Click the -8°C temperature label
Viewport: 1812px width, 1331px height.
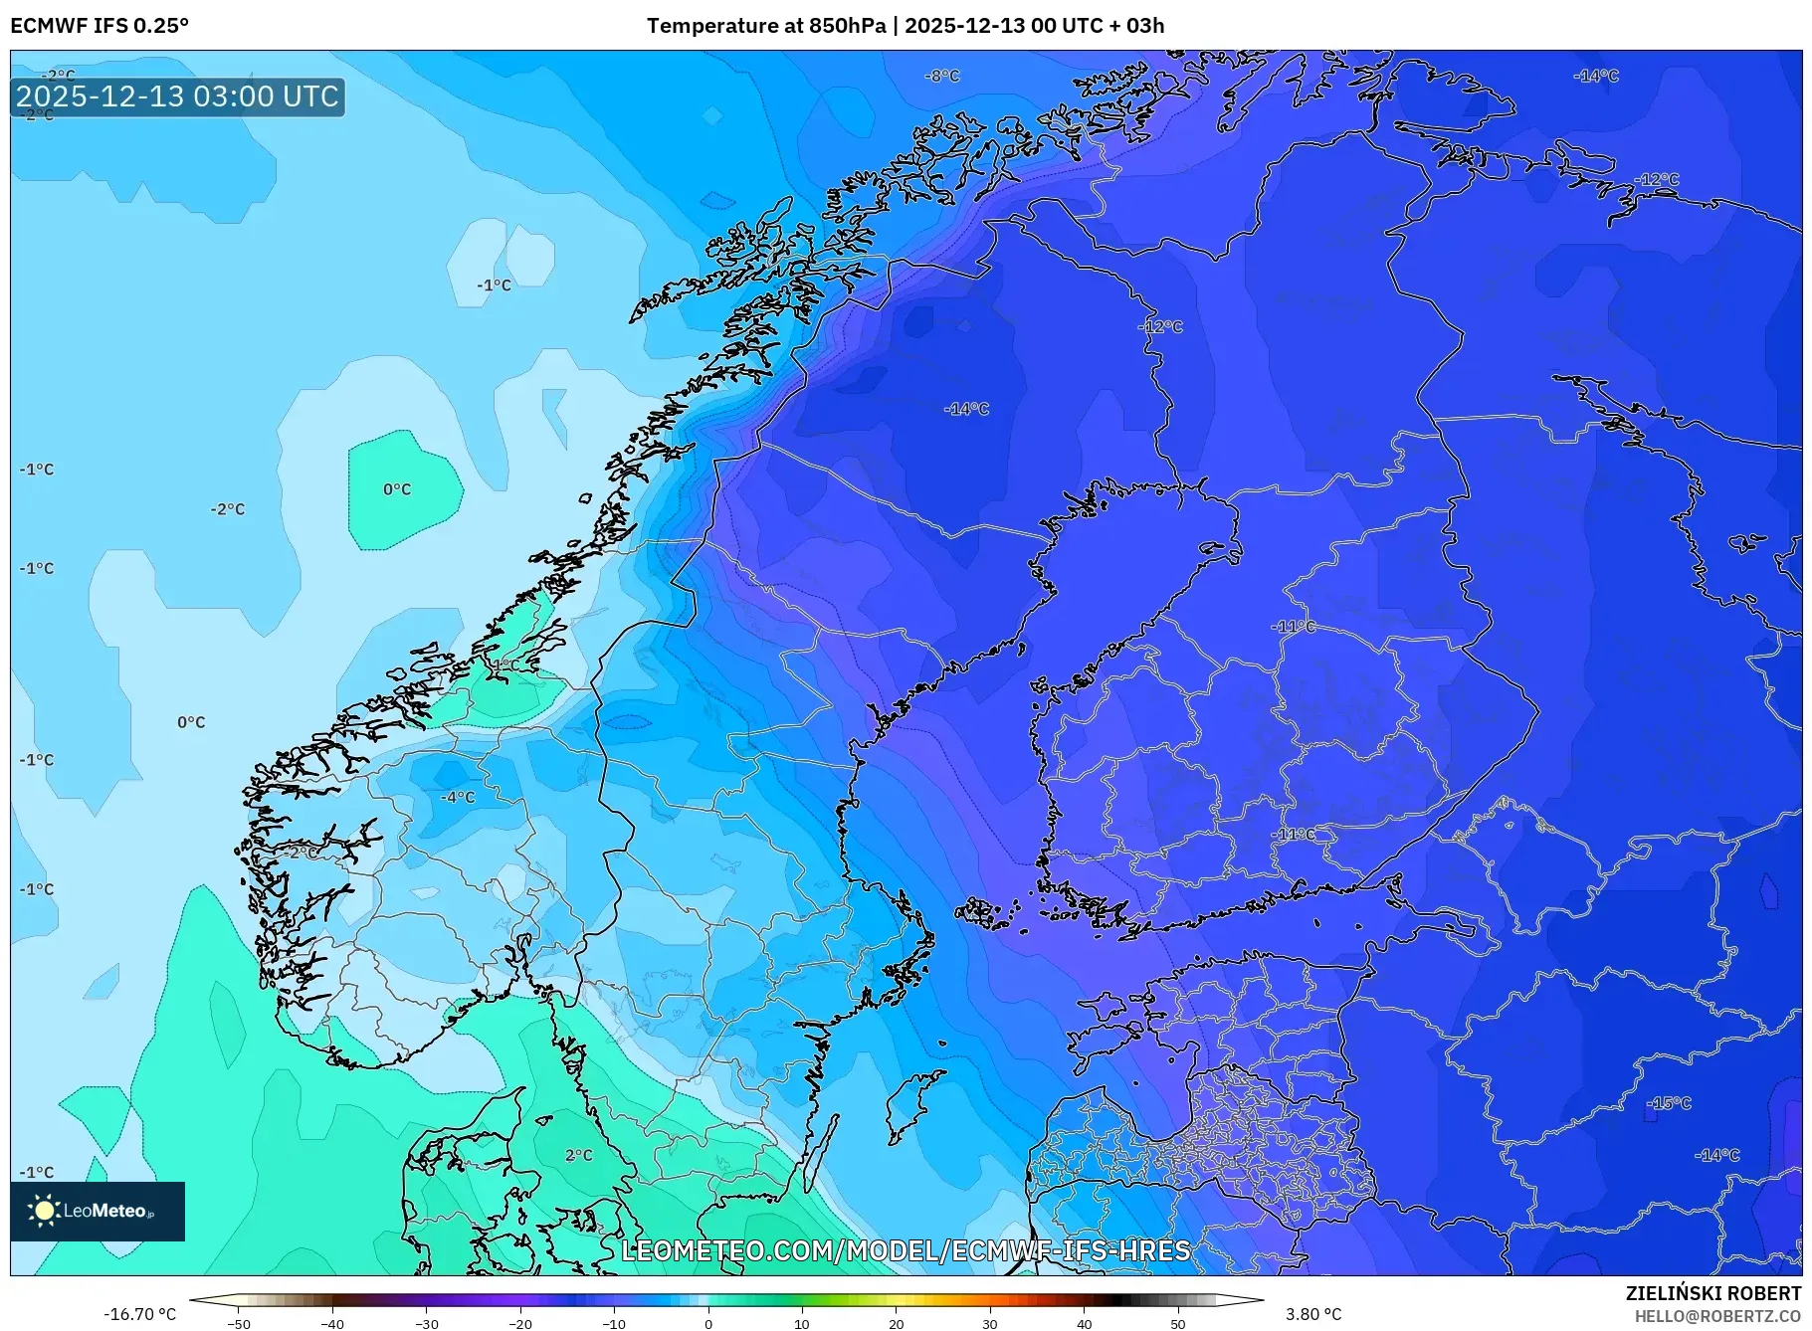click(x=941, y=76)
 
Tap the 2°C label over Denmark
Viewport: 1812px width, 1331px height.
click(x=578, y=1155)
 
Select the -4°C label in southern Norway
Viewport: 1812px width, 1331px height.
click(x=459, y=797)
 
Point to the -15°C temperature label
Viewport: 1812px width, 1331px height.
click(x=1669, y=1103)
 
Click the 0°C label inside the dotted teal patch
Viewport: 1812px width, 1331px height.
click(x=397, y=489)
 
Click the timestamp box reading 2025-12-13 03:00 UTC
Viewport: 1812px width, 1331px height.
click(x=178, y=96)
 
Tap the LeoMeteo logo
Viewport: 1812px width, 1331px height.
click(x=97, y=1211)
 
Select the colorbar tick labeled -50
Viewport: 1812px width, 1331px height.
click(x=239, y=1324)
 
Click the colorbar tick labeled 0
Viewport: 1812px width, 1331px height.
click(x=708, y=1324)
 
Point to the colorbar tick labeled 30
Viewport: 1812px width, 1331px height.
click(x=990, y=1324)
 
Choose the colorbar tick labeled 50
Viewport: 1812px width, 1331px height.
click(x=1178, y=1324)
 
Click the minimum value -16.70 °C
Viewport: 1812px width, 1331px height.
click(x=140, y=1314)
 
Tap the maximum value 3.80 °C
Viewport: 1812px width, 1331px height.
click(x=1313, y=1314)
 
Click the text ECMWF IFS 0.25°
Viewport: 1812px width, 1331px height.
click(x=100, y=26)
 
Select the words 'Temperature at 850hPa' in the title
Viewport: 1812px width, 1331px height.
click(x=766, y=26)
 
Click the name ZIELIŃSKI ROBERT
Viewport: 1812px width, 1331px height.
click(x=1713, y=1293)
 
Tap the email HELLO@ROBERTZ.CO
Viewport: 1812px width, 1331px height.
click(x=1717, y=1316)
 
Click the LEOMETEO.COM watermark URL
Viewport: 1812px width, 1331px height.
click(x=906, y=1250)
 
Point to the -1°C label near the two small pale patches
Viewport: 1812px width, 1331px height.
click(x=494, y=285)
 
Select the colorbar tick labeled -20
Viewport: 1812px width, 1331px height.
click(x=520, y=1324)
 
